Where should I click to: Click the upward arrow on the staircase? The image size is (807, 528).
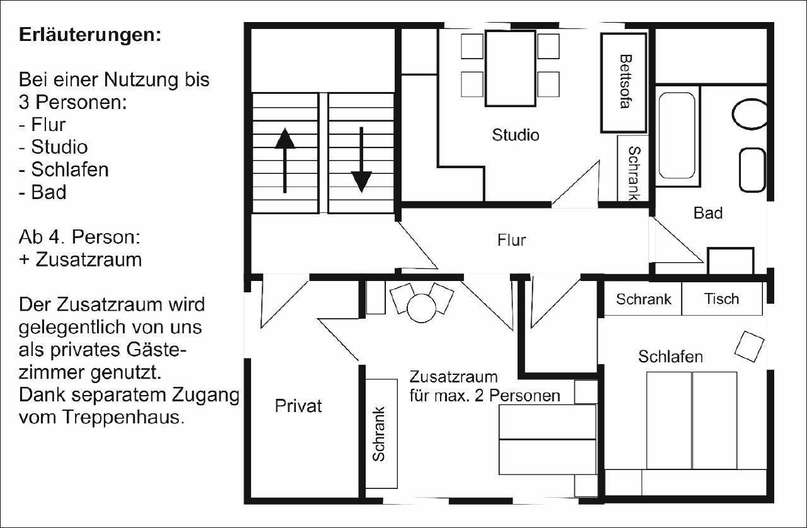(x=285, y=161)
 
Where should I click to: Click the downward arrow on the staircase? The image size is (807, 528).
(x=361, y=160)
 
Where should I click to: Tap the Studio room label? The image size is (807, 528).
(x=516, y=135)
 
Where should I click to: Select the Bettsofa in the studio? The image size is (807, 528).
(x=624, y=83)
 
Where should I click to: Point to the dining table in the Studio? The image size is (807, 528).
(x=510, y=69)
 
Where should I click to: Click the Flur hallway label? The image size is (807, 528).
(x=511, y=240)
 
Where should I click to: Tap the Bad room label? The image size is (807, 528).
(x=708, y=213)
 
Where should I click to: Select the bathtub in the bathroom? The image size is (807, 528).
(x=677, y=136)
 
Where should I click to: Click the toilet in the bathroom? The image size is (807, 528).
(x=750, y=114)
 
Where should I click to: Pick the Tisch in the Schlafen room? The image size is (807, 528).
(x=722, y=299)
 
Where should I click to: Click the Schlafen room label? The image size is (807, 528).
(x=670, y=357)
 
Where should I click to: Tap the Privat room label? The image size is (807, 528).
(x=298, y=406)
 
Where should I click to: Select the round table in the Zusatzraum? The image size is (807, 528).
(x=422, y=308)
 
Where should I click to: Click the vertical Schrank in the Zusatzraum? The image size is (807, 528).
(x=381, y=433)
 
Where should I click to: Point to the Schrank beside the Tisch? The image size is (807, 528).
(x=642, y=299)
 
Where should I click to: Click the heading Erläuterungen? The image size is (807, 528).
(x=90, y=35)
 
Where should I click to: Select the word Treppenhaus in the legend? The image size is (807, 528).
(x=124, y=418)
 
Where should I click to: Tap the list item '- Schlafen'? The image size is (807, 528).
(x=64, y=169)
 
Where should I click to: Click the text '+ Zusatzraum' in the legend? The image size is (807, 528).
(x=80, y=260)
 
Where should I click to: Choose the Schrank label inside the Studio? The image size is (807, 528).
(x=634, y=173)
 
